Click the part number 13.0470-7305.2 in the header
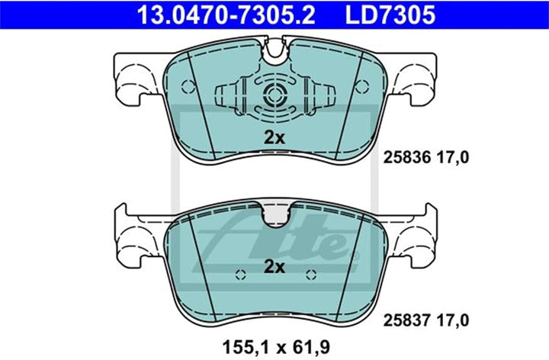(226, 14)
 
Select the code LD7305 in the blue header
(390, 14)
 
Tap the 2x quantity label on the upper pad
(274, 138)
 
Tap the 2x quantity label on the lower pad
(274, 267)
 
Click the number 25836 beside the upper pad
(407, 158)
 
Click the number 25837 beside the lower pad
(407, 320)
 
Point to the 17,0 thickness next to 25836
(452, 158)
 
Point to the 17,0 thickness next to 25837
(452, 320)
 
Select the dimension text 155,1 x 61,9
(276, 347)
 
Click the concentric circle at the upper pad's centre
(274, 95)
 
